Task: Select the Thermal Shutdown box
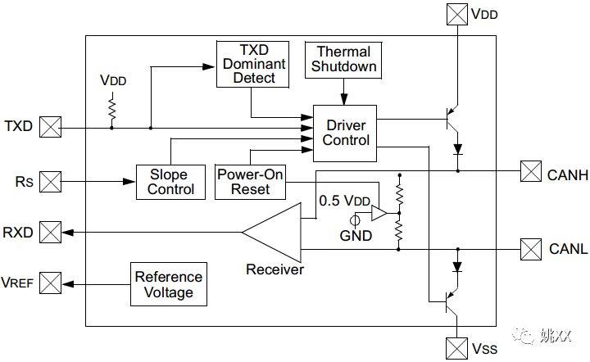point(344,60)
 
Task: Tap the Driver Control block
point(345,133)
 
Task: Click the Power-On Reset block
point(250,182)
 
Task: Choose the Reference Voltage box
point(168,284)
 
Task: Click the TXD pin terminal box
point(51,127)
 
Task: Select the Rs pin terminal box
point(51,181)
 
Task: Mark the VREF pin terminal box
point(51,283)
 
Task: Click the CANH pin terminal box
point(531,171)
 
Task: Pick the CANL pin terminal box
point(531,247)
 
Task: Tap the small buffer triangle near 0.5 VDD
point(379,214)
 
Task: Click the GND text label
point(356,236)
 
